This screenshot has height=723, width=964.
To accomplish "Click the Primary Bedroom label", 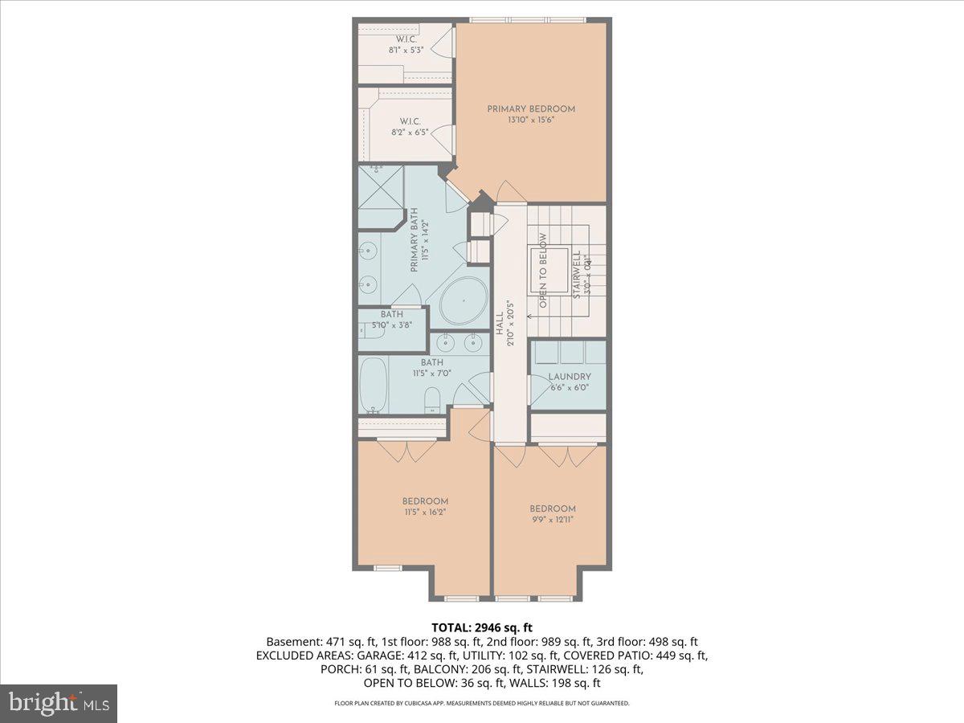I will coord(531,108).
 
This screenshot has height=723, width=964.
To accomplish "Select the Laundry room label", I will coord(570,376).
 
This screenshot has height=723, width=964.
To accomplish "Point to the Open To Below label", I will coord(543,271).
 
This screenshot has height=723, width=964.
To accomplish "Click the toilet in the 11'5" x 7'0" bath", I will coord(432,399).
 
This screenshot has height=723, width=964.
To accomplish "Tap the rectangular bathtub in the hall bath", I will coord(374,385).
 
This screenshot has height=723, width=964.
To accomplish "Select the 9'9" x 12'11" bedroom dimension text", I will coord(553,519).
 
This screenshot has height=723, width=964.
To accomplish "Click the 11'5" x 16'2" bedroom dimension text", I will coord(425,512).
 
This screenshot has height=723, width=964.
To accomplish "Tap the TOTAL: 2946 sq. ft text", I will coord(482,627).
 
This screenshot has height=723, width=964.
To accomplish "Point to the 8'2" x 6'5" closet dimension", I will coord(409,132).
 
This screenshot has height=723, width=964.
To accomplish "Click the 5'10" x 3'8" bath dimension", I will coord(391,325).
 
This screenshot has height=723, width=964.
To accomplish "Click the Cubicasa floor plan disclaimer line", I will coord(482,703).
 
